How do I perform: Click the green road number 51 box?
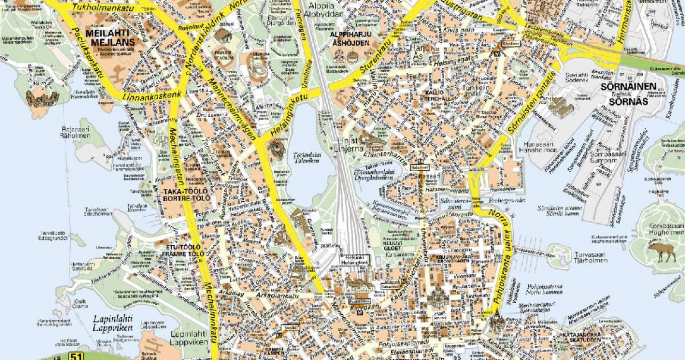[x=76, y=356]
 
